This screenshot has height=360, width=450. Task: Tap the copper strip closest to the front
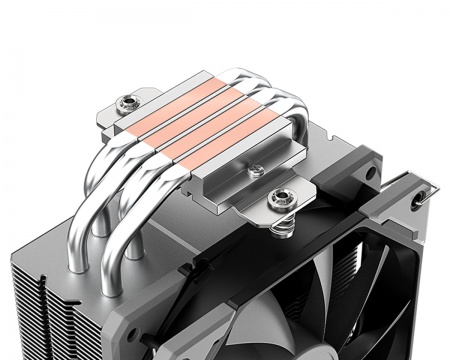238,140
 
